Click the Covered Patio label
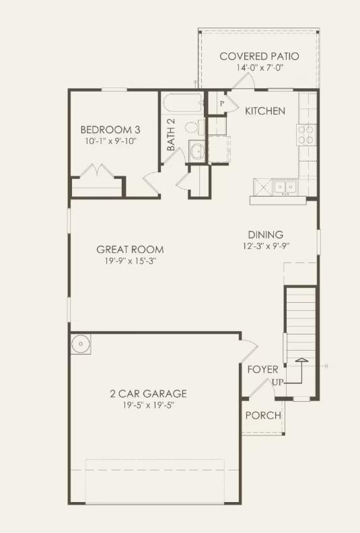pos(259,57)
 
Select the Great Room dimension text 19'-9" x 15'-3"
pos(130,262)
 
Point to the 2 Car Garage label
pos(149,394)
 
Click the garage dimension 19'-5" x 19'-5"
pos(149,406)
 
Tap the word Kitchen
pos(264,111)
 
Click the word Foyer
pos(262,370)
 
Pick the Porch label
pos(262,415)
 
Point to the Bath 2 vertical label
pos(171,134)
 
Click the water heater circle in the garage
pos(81,344)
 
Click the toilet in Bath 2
pos(192,127)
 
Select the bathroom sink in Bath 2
pos(196,151)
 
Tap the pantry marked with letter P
pos(220,104)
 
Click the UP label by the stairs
pos(277,382)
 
